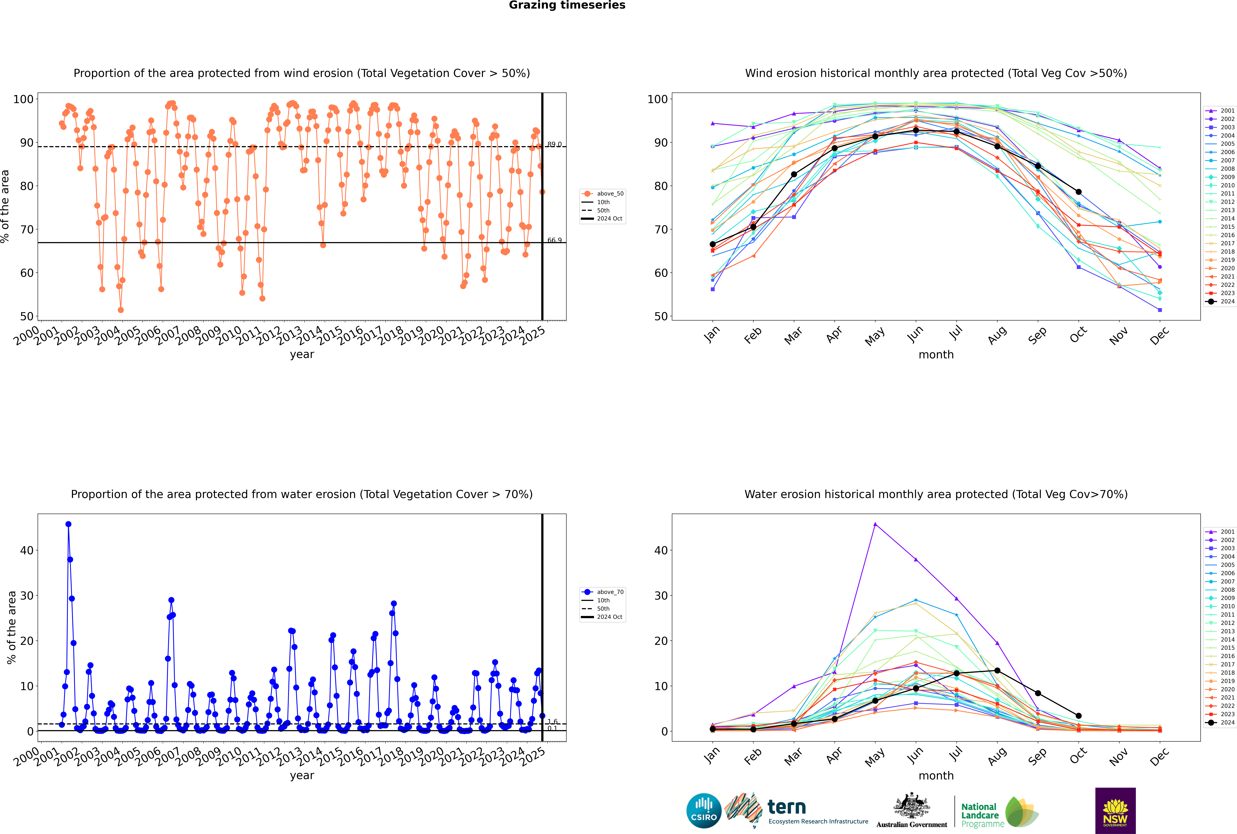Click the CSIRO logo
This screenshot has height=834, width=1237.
tap(704, 811)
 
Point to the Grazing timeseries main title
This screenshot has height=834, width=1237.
tap(567, 5)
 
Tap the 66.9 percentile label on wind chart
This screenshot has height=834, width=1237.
tap(554, 240)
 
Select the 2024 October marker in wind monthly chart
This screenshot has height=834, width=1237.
tap(1078, 192)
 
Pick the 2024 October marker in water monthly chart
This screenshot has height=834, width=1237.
tap(1078, 716)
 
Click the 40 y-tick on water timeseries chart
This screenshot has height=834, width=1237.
tap(27, 550)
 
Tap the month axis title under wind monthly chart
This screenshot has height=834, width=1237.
tap(936, 355)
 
